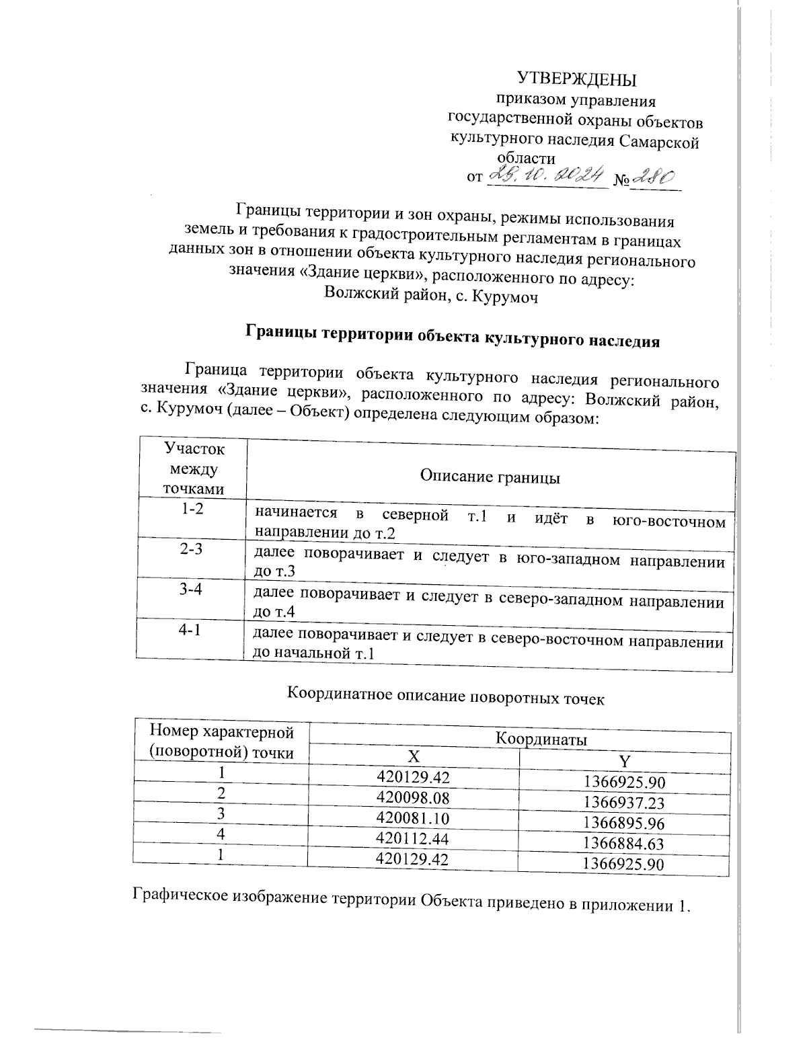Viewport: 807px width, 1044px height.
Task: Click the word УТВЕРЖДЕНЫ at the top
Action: [576, 79]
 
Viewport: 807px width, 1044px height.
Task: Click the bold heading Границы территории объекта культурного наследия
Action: [452, 335]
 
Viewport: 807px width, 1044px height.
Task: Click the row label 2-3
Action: [192, 549]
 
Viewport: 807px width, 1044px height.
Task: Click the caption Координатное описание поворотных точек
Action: [446, 694]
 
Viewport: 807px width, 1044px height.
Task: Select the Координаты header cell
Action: [541, 738]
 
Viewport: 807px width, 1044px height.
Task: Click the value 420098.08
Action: [413, 797]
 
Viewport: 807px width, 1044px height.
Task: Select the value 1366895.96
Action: [623, 822]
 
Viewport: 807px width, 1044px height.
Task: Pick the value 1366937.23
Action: [623, 802]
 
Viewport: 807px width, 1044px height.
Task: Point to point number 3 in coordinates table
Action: [219, 813]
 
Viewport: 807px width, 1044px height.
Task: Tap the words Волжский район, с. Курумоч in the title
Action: [431, 294]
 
